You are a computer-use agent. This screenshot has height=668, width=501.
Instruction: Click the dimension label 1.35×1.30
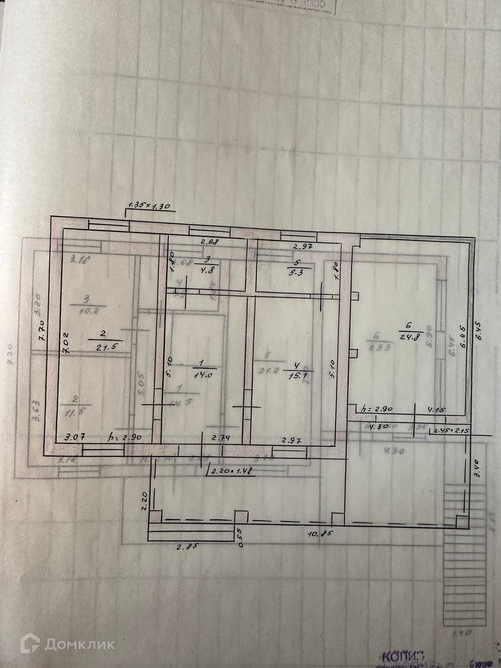click(149, 205)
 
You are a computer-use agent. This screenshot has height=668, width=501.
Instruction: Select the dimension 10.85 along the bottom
click(320, 534)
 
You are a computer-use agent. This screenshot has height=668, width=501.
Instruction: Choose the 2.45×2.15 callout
click(452, 430)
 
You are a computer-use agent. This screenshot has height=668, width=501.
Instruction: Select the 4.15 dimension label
click(436, 410)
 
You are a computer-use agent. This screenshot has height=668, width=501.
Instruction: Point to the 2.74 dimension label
click(221, 438)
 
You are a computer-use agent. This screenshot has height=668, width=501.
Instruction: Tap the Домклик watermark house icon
click(30, 644)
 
